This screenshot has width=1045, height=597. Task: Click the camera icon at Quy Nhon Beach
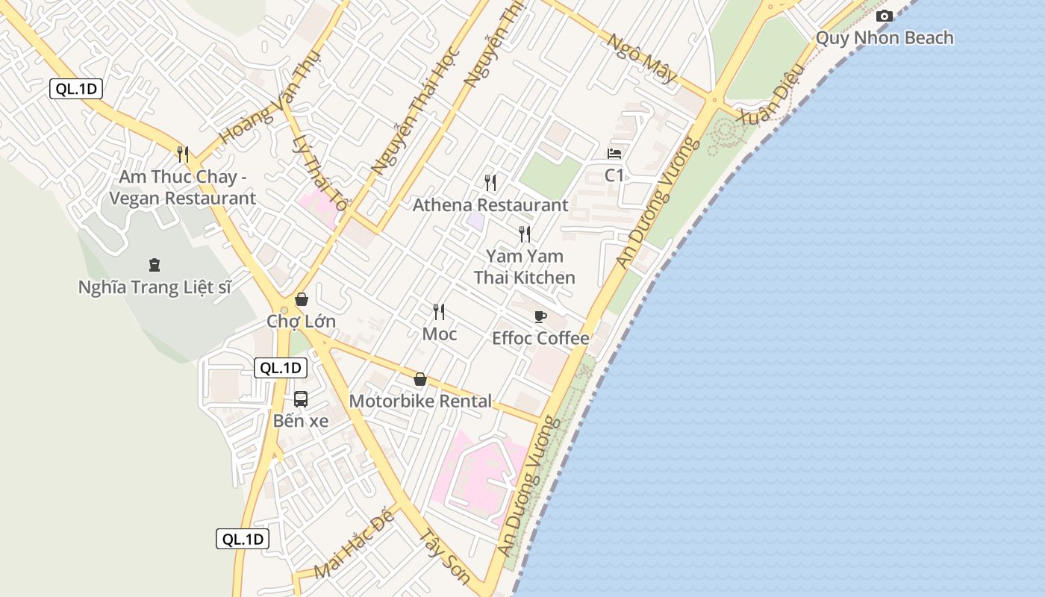click(x=885, y=16)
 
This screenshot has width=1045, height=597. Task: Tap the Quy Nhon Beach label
click(x=885, y=37)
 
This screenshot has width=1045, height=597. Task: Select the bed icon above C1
click(x=614, y=154)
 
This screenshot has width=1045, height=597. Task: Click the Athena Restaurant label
click(x=490, y=205)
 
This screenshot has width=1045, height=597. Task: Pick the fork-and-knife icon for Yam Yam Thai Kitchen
click(x=525, y=234)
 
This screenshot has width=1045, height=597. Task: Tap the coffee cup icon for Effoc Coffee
click(x=540, y=316)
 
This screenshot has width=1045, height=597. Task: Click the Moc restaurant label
click(x=440, y=334)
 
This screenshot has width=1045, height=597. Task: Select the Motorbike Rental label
click(x=420, y=401)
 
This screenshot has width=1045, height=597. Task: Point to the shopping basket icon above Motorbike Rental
click(x=420, y=380)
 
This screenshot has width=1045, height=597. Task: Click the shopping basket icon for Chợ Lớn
click(x=302, y=299)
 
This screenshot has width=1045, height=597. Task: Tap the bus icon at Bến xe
click(x=301, y=399)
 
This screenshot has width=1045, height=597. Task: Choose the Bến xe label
click(x=301, y=421)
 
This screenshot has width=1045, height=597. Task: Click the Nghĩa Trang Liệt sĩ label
click(x=155, y=287)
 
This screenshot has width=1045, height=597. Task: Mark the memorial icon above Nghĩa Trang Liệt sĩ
click(x=155, y=264)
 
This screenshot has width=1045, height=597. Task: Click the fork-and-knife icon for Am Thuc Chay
click(x=183, y=154)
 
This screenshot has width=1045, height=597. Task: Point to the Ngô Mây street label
click(x=642, y=58)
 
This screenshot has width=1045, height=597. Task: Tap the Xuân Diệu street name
click(x=771, y=93)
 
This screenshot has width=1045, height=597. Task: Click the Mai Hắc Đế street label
click(x=354, y=546)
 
